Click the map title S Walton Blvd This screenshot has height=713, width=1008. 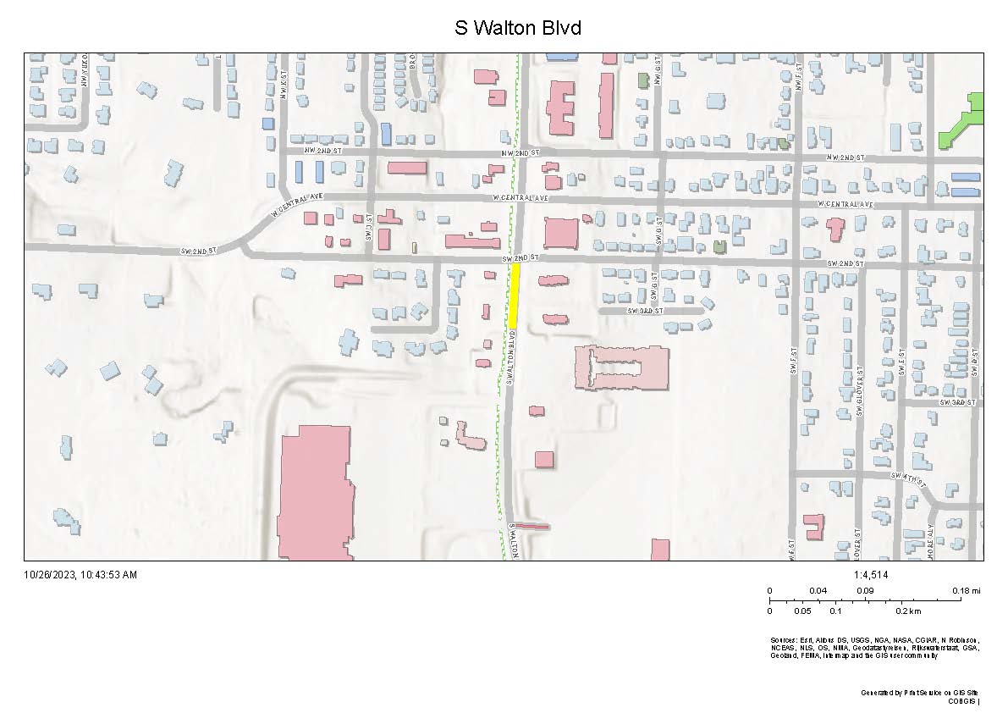pyautogui.click(x=517, y=28)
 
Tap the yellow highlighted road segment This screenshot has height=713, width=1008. pyautogui.click(x=513, y=293)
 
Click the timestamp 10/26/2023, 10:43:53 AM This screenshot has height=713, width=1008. pyautogui.click(x=80, y=575)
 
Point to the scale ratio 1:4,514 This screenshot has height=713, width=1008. pyautogui.click(x=871, y=575)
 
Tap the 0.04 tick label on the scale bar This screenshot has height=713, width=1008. pyautogui.click(x=818, y=590)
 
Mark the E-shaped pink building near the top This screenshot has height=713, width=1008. pyautogui.click(x=559, y=108)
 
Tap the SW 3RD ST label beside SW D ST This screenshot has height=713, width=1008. pyautogui.click(x=951, y=402)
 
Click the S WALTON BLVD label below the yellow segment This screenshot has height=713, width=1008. pyautogui.click(x=511, y=364)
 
